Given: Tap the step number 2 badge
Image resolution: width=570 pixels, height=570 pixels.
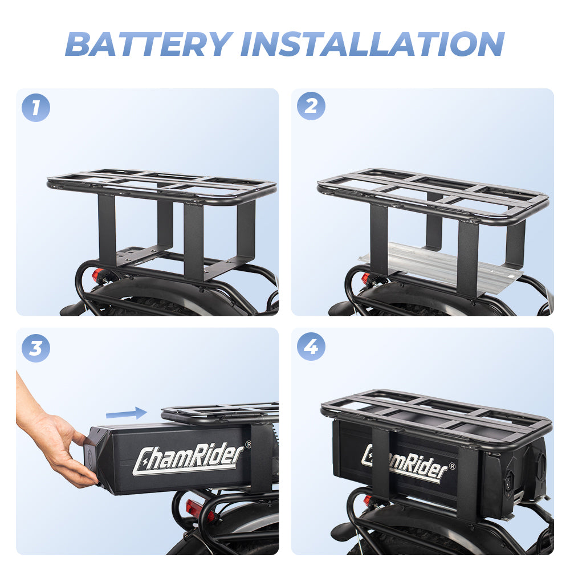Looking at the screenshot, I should (311, 107).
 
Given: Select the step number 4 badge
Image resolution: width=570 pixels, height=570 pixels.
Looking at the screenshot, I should (311, 347).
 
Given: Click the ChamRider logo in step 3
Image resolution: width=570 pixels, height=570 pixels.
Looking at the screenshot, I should (188, 458).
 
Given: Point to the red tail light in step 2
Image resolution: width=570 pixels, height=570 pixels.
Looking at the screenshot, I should (366, 279).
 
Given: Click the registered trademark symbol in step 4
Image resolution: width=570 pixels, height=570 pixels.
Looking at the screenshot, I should (452, 466).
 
